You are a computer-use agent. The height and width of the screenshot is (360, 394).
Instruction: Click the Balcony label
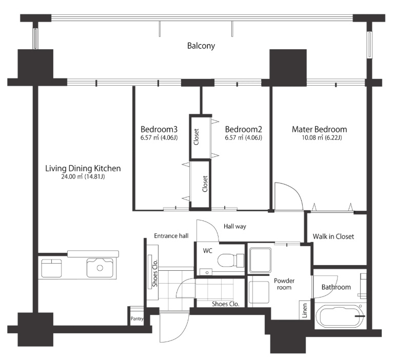[201, 46]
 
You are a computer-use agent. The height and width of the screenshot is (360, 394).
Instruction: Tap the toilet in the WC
[231, 261]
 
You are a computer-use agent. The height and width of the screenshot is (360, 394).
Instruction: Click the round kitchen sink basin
[100, 268]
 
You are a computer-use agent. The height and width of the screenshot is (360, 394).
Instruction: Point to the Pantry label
[137, 318]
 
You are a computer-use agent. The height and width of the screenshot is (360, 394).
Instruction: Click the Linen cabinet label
[305, 310]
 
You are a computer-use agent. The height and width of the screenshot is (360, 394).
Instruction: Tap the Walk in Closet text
[333, 236]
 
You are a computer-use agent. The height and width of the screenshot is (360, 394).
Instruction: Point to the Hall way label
[235, 227]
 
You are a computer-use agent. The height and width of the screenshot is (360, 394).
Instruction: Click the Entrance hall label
[171, 236]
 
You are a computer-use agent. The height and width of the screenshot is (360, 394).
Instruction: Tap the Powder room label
[284, 284]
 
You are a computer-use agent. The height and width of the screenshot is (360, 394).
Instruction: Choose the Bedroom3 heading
[159, 129]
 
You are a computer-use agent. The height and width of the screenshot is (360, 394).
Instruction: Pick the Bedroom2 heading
[243, 129]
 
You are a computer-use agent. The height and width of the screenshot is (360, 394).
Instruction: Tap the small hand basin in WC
[206, 272]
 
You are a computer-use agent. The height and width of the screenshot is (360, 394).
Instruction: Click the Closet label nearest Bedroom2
[196, 137]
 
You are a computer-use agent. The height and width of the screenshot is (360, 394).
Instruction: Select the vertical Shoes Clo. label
[155, 273]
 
